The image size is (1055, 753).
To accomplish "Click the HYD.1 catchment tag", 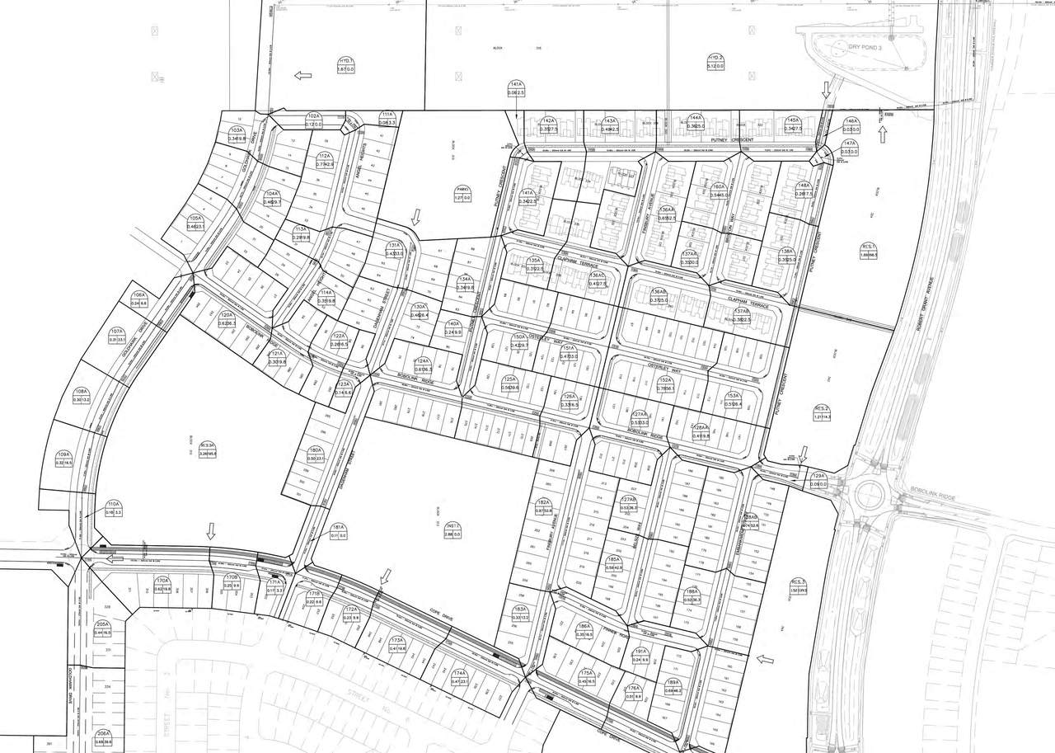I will pyautogui.click(x=346, y=65).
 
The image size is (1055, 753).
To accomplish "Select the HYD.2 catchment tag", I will pyautogui.click(x=715, y=62).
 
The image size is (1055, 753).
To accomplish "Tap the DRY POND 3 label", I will pyautogui.click(x=865, y=48).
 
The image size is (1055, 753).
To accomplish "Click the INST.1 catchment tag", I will pyautogui.click(x=452, y=530).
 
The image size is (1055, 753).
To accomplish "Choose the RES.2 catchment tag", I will pyautogui.click(x=822, y=412).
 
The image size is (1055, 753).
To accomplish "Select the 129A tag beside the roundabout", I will pyautogui.click(x=818, y=480).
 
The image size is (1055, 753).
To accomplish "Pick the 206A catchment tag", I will pyautogui.click(x=103, y=737).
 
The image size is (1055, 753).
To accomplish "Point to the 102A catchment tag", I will pyautogui.click(x=313, y=120).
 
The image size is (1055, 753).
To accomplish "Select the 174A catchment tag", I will pyautogui.click(x=459, y=677).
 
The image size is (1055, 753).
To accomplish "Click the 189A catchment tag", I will pyautogui.click(x=673, y=686).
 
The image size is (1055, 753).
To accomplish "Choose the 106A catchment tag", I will pyautogui.click(x=139, y=299).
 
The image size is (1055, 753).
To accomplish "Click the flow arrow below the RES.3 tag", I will pyautogui.click(x=766, y=658).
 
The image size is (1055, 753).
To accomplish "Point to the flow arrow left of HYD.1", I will pyautogui.click(x=303, y=75).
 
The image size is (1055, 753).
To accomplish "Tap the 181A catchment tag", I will pyautogui.click(x=337, y=531).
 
